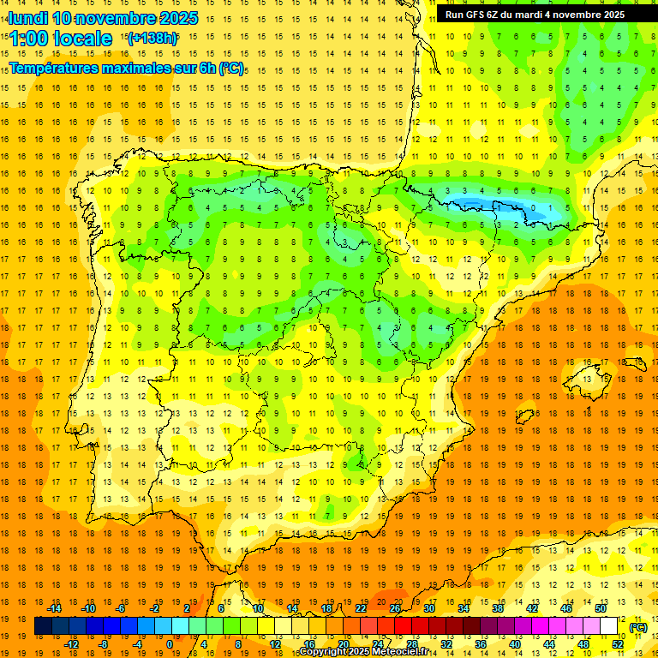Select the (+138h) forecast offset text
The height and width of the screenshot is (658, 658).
152,38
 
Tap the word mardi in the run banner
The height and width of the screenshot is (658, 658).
535,15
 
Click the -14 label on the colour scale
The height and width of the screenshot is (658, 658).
54,608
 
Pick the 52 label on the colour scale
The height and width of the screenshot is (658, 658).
618,644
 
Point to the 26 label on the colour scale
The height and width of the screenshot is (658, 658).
395,608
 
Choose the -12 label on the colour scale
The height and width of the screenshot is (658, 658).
70,644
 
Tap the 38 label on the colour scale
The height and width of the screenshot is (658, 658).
498,608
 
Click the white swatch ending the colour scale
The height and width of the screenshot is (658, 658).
609,626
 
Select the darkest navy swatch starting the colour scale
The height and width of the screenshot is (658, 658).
43,626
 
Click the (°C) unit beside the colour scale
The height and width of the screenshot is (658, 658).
638,627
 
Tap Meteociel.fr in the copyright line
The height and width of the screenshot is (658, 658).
402,652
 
